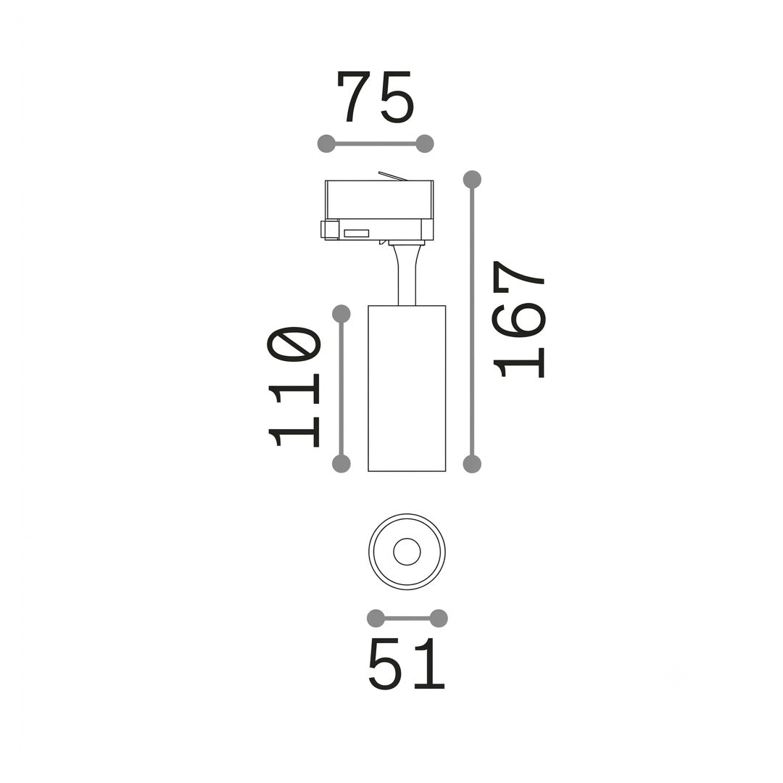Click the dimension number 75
click(x=376, y=97)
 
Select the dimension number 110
click(x=294, y=386)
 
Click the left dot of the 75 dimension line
click(x=326, y=144)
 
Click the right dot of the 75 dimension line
click(x=425, y=144)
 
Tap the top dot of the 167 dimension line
click(x=472, y=179)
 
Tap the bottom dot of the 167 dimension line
click(x=472, y=464)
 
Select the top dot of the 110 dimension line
click(x=341, y=314)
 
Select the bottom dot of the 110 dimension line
click(x=341, y=463)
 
